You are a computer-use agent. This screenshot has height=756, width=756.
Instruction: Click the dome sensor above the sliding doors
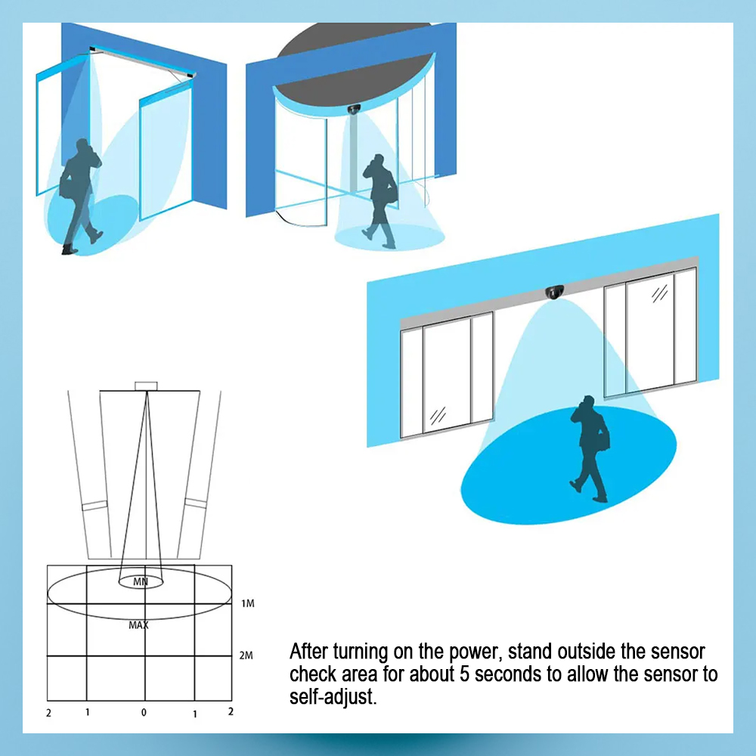pyautogui.click(x=554, y=292)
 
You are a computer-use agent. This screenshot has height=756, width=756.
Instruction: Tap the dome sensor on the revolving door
pyautogui.click(x=354, y=109)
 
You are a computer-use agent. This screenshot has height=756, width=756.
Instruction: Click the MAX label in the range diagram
pyautogui.click(x=138, y=625)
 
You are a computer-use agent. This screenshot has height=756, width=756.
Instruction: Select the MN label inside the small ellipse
pyautogui.click(x=141, y=581)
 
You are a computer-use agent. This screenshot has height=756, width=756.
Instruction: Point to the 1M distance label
pyautogui.click(x=248, y=603)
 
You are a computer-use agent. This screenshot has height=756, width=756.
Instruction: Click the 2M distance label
pyautogui.click(x=246, y=655)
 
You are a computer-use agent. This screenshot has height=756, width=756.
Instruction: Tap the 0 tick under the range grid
pyautogui.click(x=144, y=713)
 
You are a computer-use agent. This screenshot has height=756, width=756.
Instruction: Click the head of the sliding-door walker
pyautogui.click(x=588, y=401)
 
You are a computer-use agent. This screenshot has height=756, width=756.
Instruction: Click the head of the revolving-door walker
pyautogui.click(x=379, y=160)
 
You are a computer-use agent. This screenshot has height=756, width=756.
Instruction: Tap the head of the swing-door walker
pyautogui.click(x=82, y=145)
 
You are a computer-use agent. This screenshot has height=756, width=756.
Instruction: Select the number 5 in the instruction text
pyautogui.click(x=464, y=674)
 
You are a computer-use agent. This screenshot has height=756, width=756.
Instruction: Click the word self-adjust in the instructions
pyautogui.click(x=333, y=697)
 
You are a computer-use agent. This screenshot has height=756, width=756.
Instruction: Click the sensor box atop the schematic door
pyautogui.click(x=146, y=386)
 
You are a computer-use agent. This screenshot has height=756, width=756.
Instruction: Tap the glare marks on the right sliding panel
pyautogui.click(x=659, y=293)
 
